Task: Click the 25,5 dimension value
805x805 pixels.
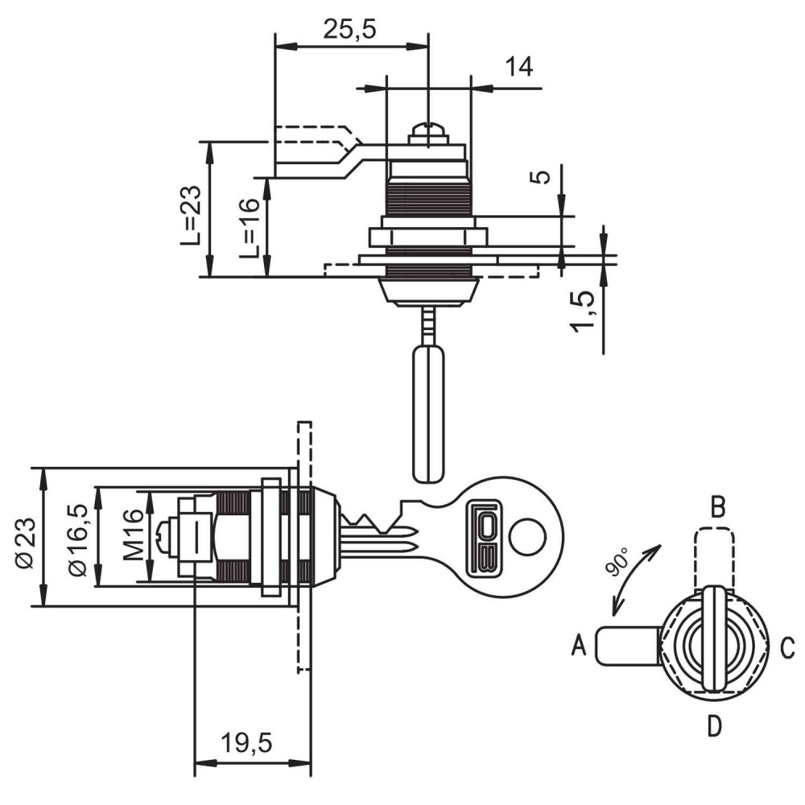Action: [349, 29]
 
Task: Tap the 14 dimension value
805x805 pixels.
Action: [519, 67]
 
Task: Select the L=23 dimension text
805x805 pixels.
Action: [191, 215]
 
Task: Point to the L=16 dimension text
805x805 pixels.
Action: [250, 228]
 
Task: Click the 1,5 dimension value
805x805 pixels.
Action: [583, 311]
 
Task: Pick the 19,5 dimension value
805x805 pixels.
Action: [246, 743]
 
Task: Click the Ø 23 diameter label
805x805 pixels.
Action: [26, 543]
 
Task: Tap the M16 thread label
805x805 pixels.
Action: [134, 535]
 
